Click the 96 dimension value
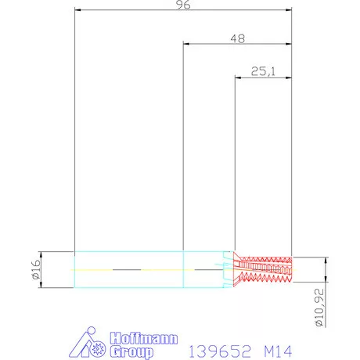183,5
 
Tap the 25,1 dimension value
263,71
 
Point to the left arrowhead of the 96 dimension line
77,11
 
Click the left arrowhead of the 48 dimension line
185,44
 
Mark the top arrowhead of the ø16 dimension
42,252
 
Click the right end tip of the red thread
291,268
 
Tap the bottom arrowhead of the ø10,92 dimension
324,280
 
